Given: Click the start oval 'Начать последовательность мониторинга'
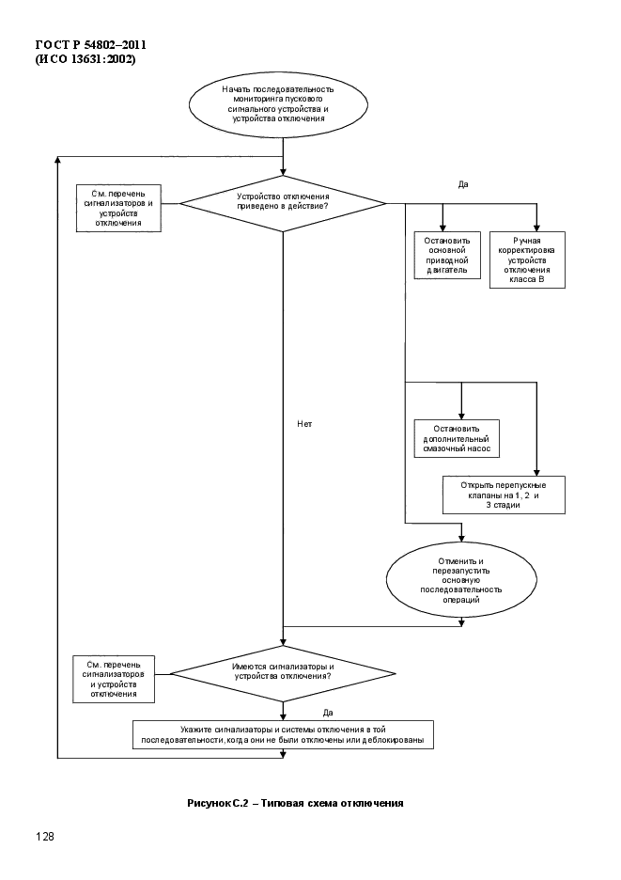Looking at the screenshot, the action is point(278,104).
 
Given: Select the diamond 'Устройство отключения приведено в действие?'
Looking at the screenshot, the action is point(283,203).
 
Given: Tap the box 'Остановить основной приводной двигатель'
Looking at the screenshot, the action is point(447,256).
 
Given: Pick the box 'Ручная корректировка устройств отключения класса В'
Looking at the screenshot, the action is point(527,259).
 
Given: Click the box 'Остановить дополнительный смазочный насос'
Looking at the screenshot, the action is point(457,438).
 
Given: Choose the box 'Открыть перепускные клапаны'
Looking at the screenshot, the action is point(504,495).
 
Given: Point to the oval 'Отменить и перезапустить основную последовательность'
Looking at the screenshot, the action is point(461,580).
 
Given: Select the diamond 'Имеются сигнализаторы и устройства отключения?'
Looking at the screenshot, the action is point(283,673).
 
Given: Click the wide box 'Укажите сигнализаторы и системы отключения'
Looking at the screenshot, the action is point(283,734).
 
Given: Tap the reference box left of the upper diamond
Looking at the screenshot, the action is point(118,208).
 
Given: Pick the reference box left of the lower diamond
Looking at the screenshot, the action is point(114,679).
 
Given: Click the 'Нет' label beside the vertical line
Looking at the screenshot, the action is point(304,424).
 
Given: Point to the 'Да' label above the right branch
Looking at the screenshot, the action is point(463,184).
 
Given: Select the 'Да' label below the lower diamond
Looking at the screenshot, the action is point(328,713).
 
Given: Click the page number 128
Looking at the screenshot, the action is point(45,837).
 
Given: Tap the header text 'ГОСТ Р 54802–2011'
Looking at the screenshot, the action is point(91,44).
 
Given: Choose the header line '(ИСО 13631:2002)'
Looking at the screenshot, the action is point(85,59).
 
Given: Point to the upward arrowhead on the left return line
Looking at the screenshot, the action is point(58,161).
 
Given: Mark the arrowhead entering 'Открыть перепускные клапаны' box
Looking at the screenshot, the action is point(536,472).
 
